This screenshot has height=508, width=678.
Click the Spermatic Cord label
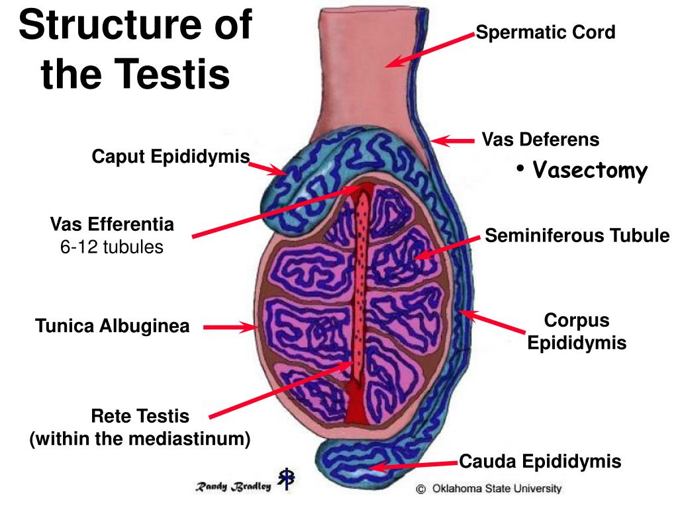546,32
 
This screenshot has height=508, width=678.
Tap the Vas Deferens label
540,140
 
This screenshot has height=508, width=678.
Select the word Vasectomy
590,171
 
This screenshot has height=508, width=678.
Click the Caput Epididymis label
171,157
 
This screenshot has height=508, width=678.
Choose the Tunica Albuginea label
113,326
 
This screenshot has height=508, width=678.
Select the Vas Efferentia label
112,225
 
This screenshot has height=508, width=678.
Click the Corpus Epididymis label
576,332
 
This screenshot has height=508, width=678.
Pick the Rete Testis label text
140,417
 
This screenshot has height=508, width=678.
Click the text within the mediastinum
140,439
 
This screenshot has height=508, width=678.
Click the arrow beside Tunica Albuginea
229,327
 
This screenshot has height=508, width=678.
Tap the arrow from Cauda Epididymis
413,465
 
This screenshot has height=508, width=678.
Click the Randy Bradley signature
232,486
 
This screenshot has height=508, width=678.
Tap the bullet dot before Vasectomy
521,169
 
